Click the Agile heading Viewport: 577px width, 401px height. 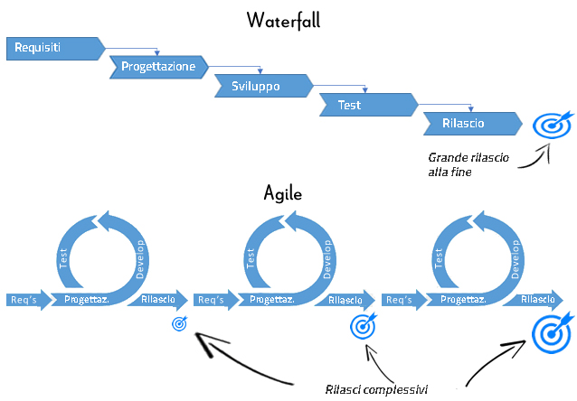(x=282, y=192)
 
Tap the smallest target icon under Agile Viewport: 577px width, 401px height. (x=179, y=322)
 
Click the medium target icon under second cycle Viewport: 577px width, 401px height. (x=363, y=324)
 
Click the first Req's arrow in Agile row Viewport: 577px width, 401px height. (x=24, y=300)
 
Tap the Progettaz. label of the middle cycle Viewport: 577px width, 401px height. (x=272, y=300)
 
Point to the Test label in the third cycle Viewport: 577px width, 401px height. (x=439, y=260)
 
